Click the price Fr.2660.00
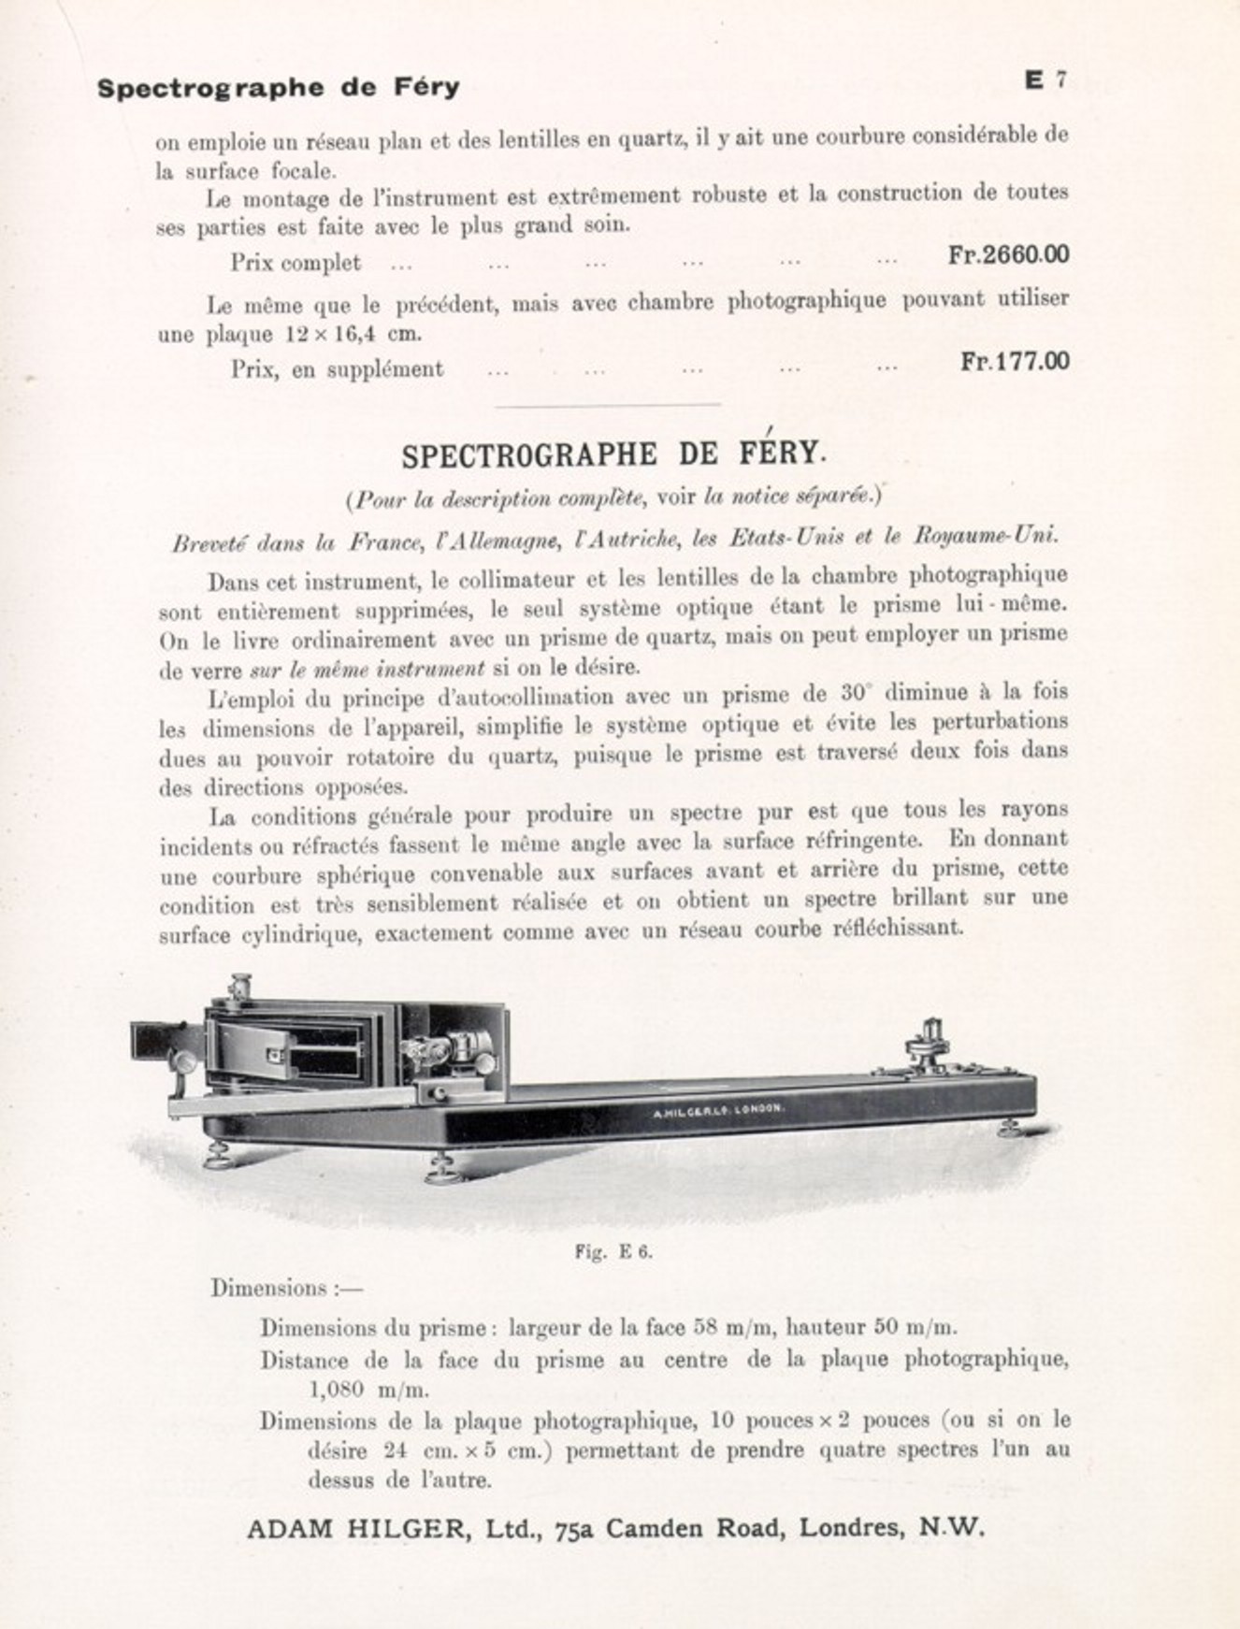pos(1008,255)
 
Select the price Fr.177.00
pos(1015,362)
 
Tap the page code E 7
pos(1045,81)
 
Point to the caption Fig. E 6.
pos(613,1252)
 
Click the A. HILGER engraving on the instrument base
pos(716,1110)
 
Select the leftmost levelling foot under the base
pos(218,1157)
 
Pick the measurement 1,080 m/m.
pos(368,1390)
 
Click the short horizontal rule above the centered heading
pos(607,405)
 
